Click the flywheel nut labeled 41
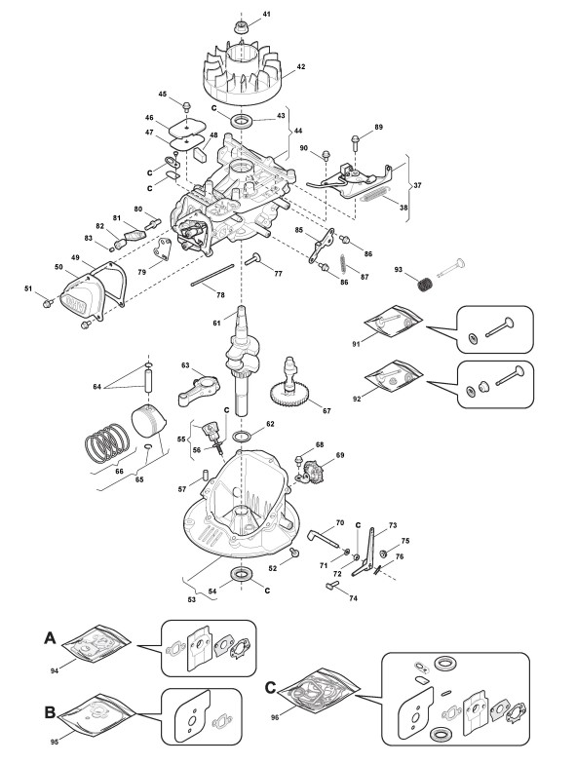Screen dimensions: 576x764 [240, 27]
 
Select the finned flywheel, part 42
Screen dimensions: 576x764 [242, 74]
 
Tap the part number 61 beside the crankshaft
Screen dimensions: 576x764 [216, 323]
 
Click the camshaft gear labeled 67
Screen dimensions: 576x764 [288, 383]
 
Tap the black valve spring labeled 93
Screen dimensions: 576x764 [426, 284]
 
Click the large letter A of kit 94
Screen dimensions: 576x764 [51, 637]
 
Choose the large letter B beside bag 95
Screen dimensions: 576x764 [50, 712]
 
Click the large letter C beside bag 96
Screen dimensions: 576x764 [271, 688]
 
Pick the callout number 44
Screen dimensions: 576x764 [298, 131]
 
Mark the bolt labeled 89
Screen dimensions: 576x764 [355, 143]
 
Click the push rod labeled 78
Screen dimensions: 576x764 [212, 275]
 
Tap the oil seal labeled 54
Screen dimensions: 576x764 [240, 574]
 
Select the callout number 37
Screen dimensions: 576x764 [417, 185]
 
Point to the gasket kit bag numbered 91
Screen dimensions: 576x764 [394, 321]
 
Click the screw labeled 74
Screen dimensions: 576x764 [331, 586]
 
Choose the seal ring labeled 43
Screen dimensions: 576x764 [240, 120]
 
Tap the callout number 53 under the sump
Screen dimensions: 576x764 [191, 600]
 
